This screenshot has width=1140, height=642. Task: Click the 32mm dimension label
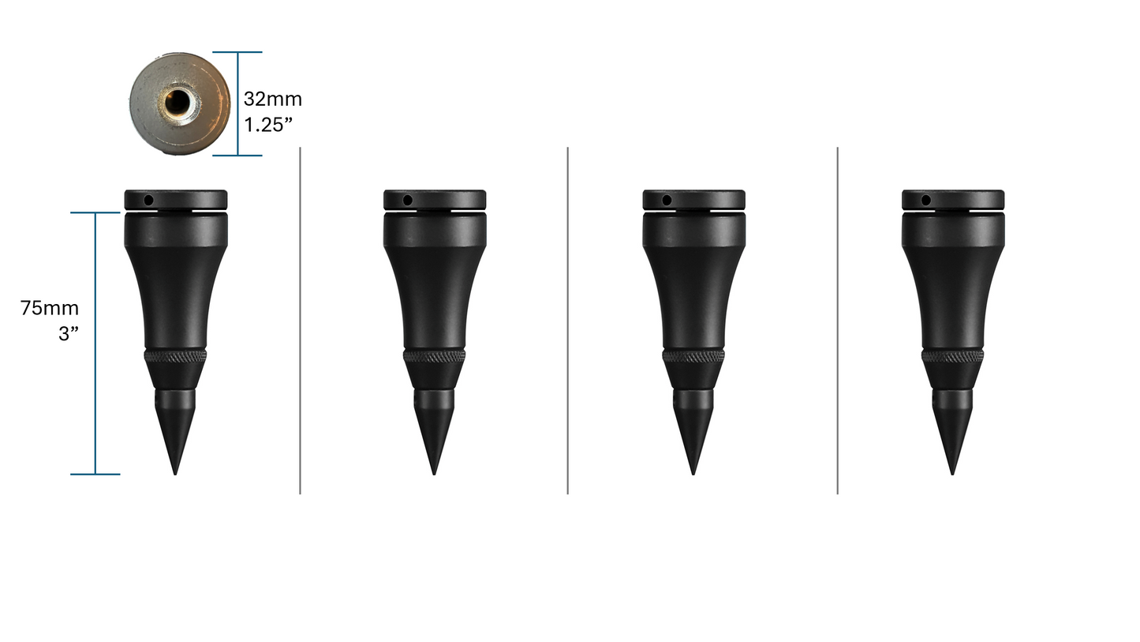(x=272, y=99)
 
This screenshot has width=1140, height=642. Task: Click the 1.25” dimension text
(x=268, y=125)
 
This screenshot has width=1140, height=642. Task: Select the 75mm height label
(x=50, y=308)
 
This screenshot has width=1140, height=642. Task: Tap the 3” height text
(x=69, y=333)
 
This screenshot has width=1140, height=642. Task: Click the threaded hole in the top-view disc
(x=178, y=101)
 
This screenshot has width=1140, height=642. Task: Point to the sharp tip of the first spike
(x=175, y=472)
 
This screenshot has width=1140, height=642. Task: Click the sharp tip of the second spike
(x=434, y=472)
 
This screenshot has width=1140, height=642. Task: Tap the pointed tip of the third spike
(x=693, y=472)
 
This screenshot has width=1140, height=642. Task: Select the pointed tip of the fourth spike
(x=952, y=472)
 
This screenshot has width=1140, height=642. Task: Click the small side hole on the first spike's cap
(x=148, y=201)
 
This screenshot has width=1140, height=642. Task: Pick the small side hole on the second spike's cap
(x=407, y=201)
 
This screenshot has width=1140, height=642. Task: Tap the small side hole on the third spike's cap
(x=667, y=201)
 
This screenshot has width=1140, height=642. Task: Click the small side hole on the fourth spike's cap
(x=925, y=201)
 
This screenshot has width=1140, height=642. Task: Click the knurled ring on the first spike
(x=175, y=356)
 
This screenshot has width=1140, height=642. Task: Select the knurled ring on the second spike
(x=434, y=356)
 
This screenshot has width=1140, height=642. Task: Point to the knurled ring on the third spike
(x=693, y=356)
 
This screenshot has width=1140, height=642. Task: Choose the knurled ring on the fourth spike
(x=952, y=356)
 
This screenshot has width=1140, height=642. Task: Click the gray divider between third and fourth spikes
(x=837, y=320)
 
